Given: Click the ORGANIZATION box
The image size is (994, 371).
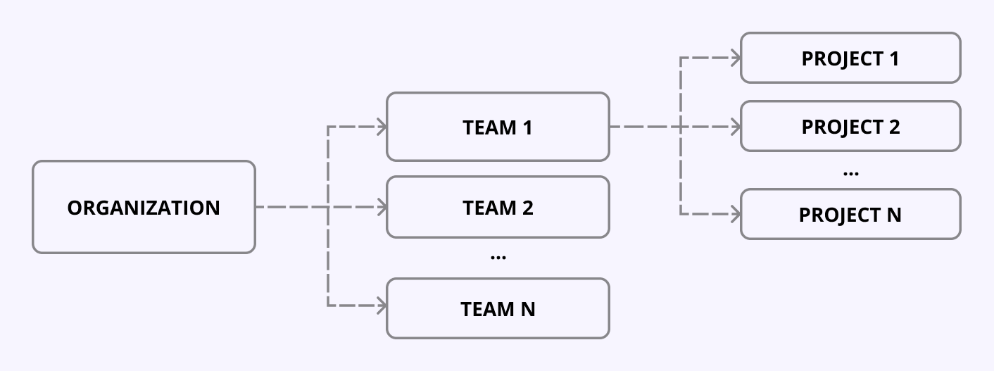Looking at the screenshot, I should [x=144, y=207].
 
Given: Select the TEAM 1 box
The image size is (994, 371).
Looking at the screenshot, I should [x=498, y=127].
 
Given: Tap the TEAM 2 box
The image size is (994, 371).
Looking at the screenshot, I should [x=498, y=207].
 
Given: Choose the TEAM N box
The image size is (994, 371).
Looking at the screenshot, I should [x=498, y=308].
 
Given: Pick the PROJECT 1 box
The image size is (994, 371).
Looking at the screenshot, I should [x=850, y=58].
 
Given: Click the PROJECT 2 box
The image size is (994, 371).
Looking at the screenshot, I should [x=850, y=126].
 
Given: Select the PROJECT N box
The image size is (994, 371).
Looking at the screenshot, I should [x=850, y=214].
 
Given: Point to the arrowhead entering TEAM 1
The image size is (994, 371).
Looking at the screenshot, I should [x=382, y=127].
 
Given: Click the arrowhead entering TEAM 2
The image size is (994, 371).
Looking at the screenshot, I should [x=382, y=207].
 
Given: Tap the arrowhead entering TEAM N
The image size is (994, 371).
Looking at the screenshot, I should [x=382, y=306].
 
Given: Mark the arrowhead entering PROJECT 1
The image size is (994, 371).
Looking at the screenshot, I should [x=736, y=58].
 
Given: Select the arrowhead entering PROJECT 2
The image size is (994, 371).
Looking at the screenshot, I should [x=736, y=127].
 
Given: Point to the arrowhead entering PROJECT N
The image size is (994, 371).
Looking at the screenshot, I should [x=736, y=213].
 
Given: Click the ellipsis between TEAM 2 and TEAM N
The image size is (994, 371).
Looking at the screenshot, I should [x=498, y=258].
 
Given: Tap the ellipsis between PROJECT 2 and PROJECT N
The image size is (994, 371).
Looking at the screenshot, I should [x=850, y=173].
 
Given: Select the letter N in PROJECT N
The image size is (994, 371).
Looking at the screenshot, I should [x=893, y=215].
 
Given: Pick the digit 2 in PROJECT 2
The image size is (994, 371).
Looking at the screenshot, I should [x=893, y=127].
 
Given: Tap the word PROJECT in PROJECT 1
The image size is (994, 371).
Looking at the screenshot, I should [x=837, y=58].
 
